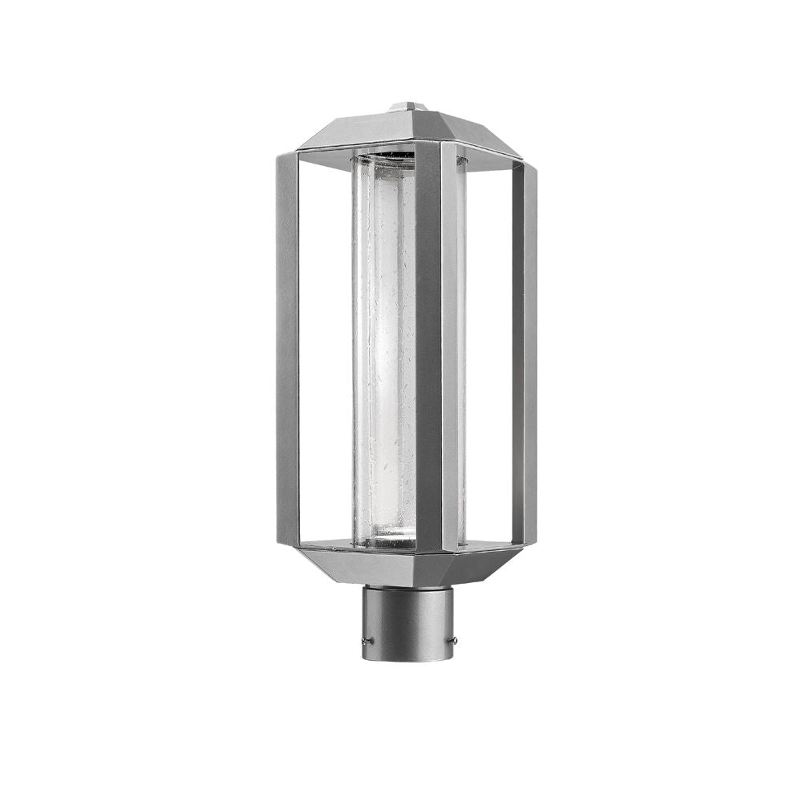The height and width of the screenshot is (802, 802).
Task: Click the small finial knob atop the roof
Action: point(407,106)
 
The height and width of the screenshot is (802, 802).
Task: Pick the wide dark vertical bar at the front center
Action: point(428,345)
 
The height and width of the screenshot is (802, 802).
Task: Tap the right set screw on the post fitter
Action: point(455,639)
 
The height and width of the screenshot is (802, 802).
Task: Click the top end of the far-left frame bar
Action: point(287,159)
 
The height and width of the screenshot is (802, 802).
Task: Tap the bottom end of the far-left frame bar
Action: point(287,541)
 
